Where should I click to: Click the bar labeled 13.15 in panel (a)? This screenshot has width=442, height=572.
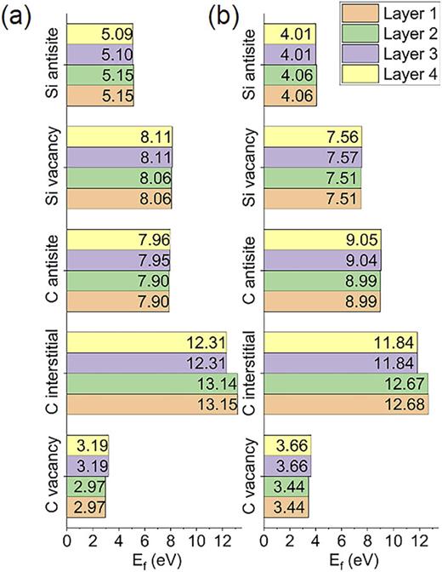pyautogui.click(x=151, y=403)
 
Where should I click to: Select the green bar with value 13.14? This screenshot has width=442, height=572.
pyautogui.click(x=151, y=382)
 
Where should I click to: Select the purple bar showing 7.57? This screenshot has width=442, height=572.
pyautogui.click(x=314, y=157)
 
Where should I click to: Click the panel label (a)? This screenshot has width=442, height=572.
pyautogui.click(x=19, y=14)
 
